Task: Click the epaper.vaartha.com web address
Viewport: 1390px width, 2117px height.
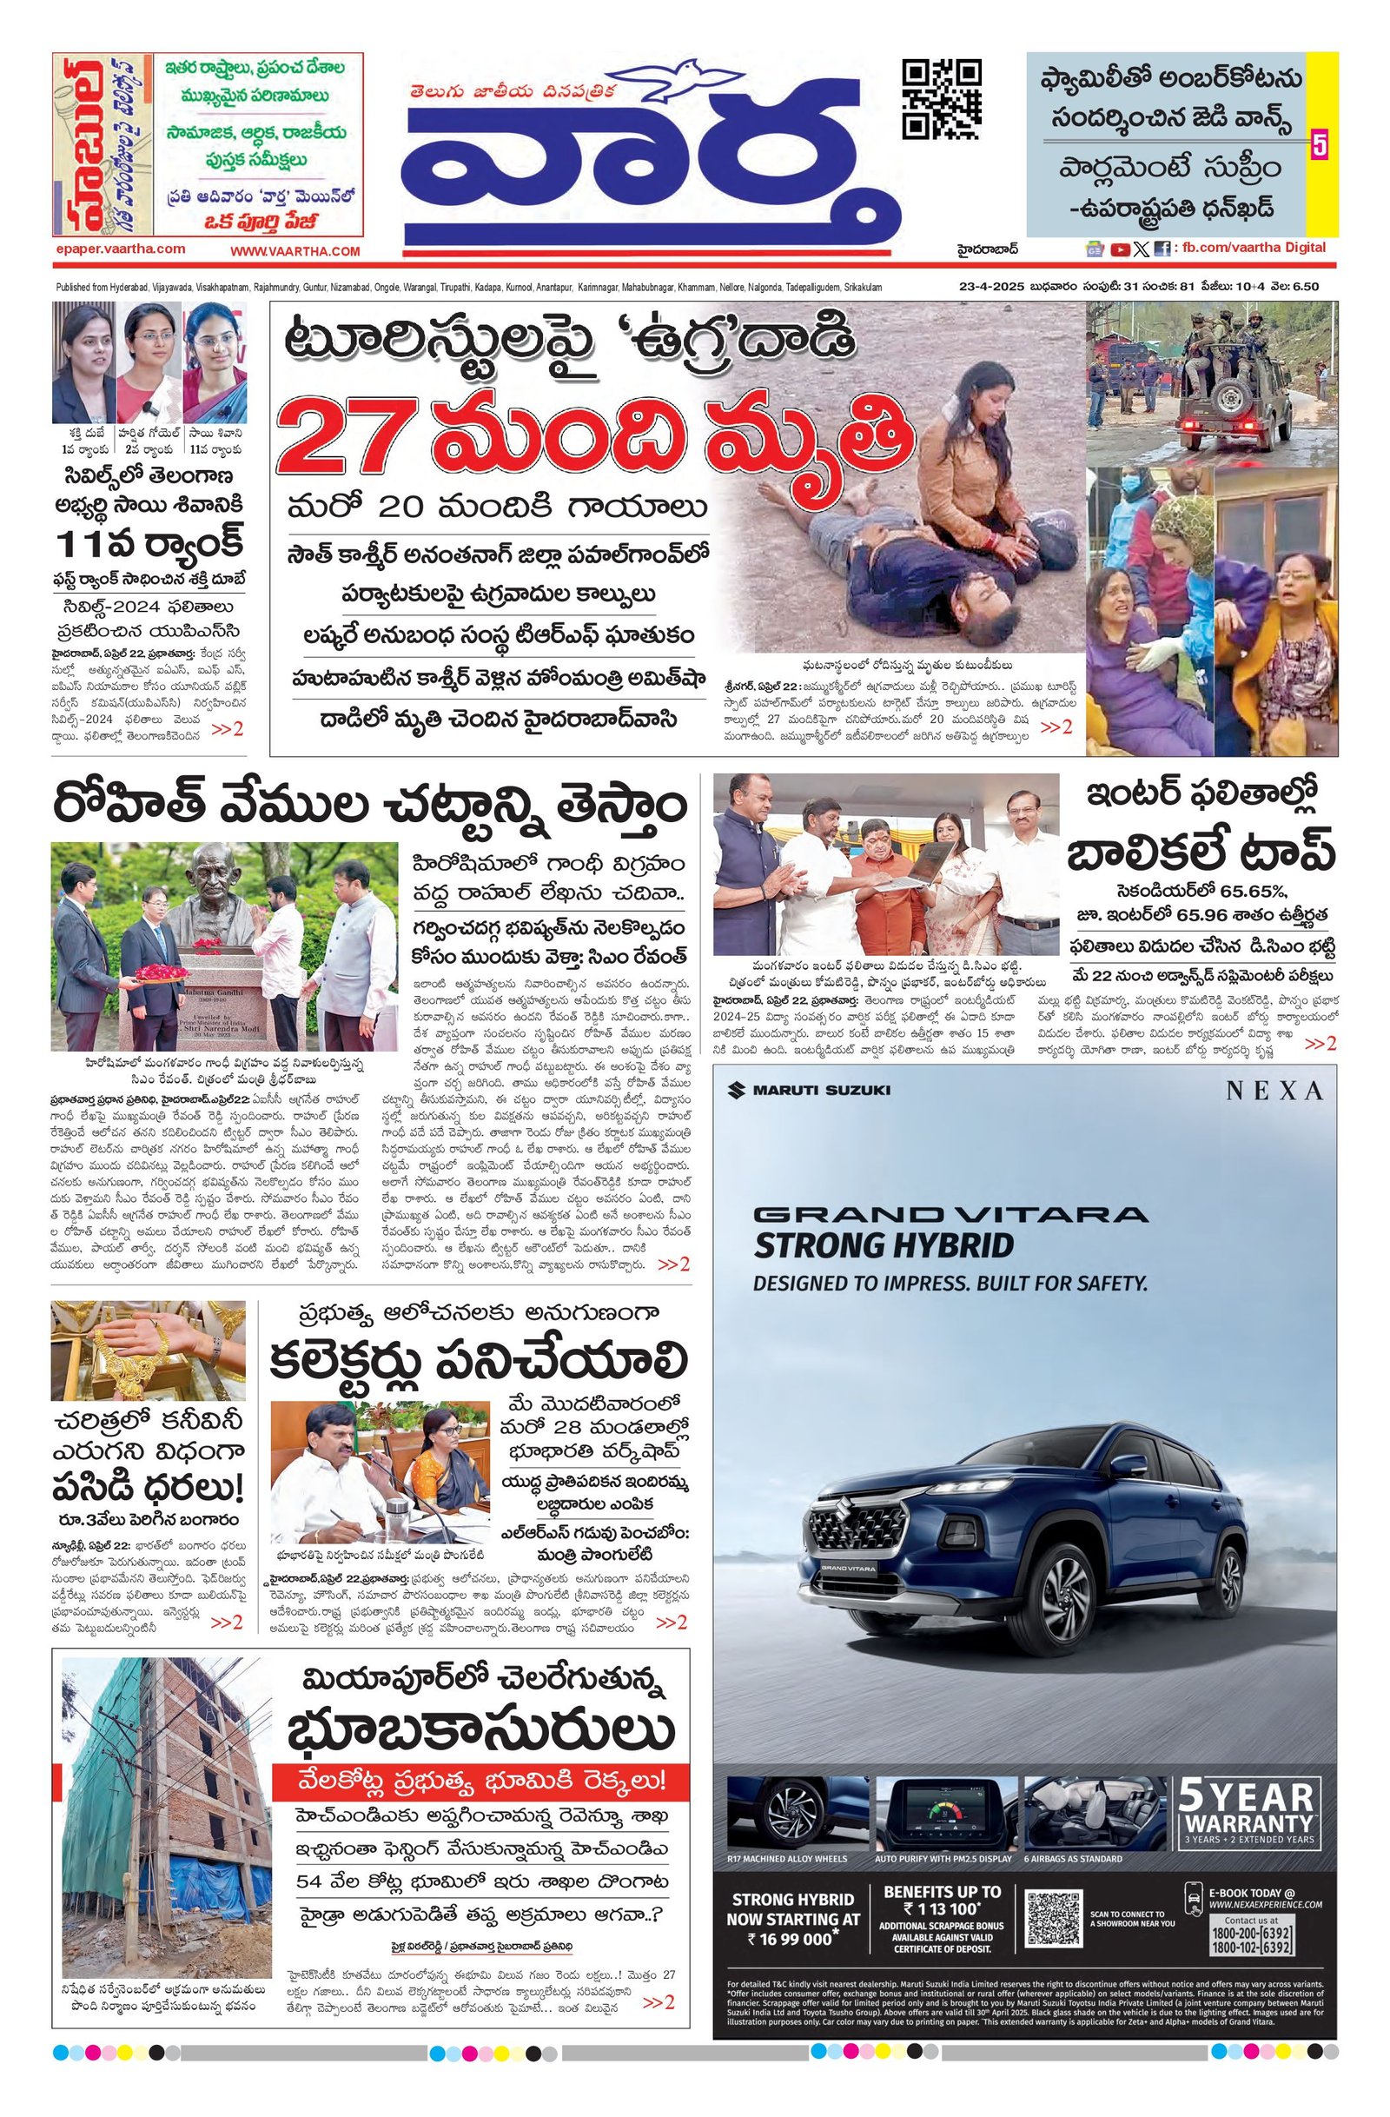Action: pos(119,250)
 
